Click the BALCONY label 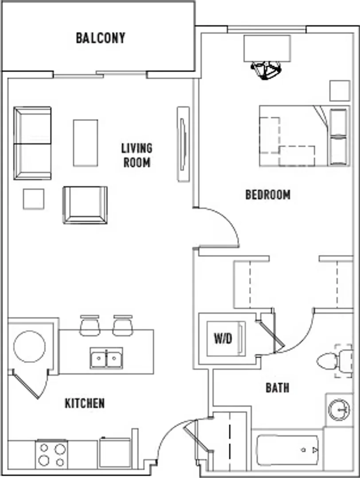coord(101,38)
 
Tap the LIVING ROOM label coord(137,155)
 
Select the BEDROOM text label coord(268,194)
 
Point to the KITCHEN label coord(85,403)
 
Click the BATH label coord(277,388)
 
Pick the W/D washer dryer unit coord(226,339)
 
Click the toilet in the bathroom coord(334,361)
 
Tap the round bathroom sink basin coord(339,409)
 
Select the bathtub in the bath coord(287,450)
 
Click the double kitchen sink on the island coord(106,358)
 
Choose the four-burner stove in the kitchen coord(51,454)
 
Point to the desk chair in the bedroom coord(265,70)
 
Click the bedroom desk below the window coord(267,48)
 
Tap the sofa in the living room coord(32,143)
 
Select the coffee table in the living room coord(85,143)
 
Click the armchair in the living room coord(85,205)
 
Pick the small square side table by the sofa coord(34,199)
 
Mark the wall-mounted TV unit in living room coord(183,144)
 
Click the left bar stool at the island coord(90,325)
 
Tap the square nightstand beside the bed coord(340,91)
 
